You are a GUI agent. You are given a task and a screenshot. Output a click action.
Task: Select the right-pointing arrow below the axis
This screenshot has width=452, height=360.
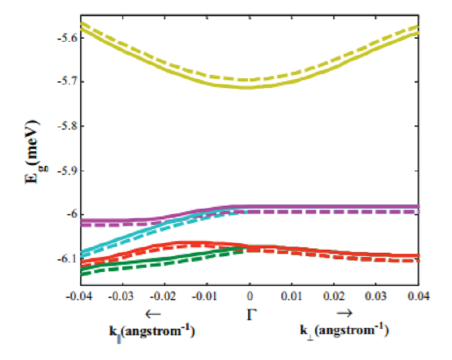pos(344,314)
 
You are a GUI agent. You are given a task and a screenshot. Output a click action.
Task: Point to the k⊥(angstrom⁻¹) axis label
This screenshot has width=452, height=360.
pos(344,331)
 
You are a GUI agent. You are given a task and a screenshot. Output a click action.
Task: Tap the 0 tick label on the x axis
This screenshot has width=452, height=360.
pos(249,297)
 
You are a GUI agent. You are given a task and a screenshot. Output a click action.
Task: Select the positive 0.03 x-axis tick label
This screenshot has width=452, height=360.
pos(377,297)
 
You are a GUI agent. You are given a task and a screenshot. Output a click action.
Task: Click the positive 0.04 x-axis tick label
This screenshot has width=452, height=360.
pos(418,297)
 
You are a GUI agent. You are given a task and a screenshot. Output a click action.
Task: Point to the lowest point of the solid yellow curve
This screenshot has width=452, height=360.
pos(249,87)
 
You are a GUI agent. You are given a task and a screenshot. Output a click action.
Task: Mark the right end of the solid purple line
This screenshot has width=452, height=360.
pos(419,206)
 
